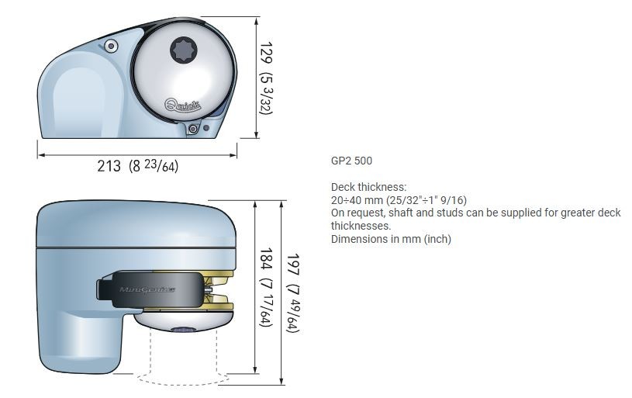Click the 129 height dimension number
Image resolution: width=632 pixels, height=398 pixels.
267,53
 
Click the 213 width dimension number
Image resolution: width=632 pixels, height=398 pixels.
109,166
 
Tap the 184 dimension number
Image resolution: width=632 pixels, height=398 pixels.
267,258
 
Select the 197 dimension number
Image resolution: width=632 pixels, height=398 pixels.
292,265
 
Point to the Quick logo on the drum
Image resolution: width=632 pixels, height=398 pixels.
182,106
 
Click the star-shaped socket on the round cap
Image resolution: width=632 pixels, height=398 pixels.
184,50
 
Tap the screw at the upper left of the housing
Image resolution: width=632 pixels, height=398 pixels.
111,46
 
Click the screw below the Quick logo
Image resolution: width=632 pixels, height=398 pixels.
193,129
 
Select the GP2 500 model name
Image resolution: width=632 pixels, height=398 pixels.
351,161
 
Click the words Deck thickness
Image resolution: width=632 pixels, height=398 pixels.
369,187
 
